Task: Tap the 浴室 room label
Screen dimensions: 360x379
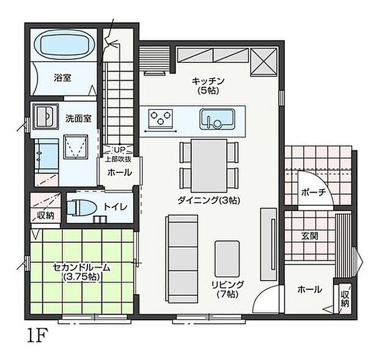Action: (62, 78)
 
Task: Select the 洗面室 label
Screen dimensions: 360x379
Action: (78, 118)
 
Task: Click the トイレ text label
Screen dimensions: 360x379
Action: (115, 208)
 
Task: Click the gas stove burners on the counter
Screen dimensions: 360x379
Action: (162, 117)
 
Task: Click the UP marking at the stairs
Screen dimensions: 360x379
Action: (119, 149)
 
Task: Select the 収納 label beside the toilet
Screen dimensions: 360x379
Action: (45, 215)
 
